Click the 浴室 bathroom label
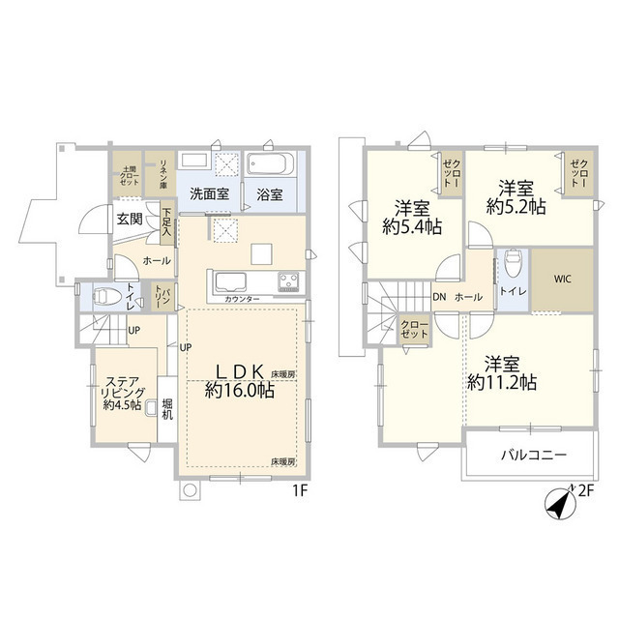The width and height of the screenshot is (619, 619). click(x=270, y=193)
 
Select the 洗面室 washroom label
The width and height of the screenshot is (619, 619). click(x=208, y=193)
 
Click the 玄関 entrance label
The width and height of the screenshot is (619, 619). click(x=131, y=220)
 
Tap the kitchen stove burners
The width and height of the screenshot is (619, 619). click(x=289, y=282)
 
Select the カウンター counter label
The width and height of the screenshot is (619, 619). click(x=242, y=301)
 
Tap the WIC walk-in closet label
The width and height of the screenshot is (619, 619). click(x=563, y=280)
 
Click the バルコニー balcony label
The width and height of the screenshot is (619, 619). click(x=534, y=456)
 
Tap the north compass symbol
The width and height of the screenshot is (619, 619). click(x=556, y=505)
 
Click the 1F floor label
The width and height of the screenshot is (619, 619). click(x=300, y=491)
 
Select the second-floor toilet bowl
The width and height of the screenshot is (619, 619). click(x=513, y=263)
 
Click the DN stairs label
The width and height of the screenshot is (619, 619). click(x=439, y=298)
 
